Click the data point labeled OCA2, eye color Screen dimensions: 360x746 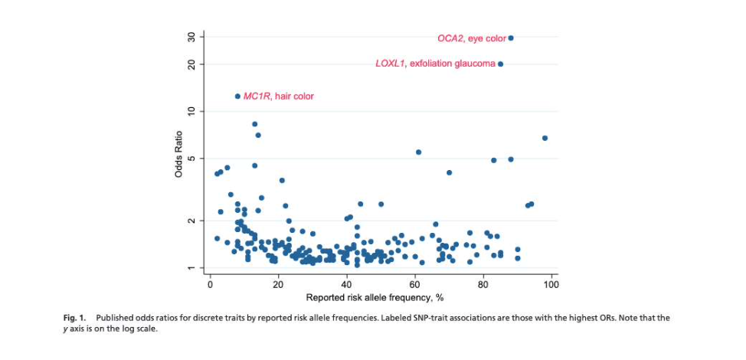[x=511, y=38]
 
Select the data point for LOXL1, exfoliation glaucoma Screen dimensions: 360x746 [x=500, y=64]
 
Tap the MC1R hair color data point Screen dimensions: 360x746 [x=237, y=96]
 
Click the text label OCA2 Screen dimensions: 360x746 [x=450, y=38]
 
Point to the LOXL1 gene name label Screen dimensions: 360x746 [x=389, y=64]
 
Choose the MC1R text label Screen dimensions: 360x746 [x=257, y=97]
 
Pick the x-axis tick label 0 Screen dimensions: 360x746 [x=210, y=284]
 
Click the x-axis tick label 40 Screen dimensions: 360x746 [x=346, y=284]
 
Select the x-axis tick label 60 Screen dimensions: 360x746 [x=414, y=284]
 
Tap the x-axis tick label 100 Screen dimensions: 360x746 [x=551, y=284]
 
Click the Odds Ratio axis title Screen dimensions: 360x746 [x=178, y=153]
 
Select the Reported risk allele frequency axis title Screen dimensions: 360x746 [x=375, y=297]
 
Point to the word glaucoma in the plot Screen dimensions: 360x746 [x=475, y=64]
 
